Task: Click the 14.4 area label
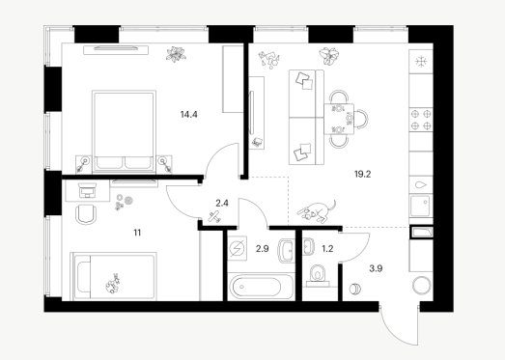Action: click(188, 114)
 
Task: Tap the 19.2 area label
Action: click(363, 174)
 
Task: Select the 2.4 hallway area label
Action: click(222, 204)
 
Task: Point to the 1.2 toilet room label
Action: click(327, 249)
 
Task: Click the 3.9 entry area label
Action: click(376, 268)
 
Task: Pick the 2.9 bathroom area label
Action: click(263, 249)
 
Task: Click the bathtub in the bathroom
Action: click(261, 287)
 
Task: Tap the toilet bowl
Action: click(319, 273)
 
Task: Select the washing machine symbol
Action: click(238, 248)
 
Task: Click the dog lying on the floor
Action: click(317, 211)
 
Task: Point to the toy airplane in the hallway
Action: click(214, 217)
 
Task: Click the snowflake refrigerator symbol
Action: click(421, 61)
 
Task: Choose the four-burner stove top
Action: click(421, 120)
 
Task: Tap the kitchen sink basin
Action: click(420, 207)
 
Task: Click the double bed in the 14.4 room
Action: click(124, 131)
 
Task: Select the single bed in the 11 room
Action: click(114, 276)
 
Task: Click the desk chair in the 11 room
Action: click(86, 213)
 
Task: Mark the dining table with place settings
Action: click(339, 119)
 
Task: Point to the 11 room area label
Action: click(137, 233)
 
